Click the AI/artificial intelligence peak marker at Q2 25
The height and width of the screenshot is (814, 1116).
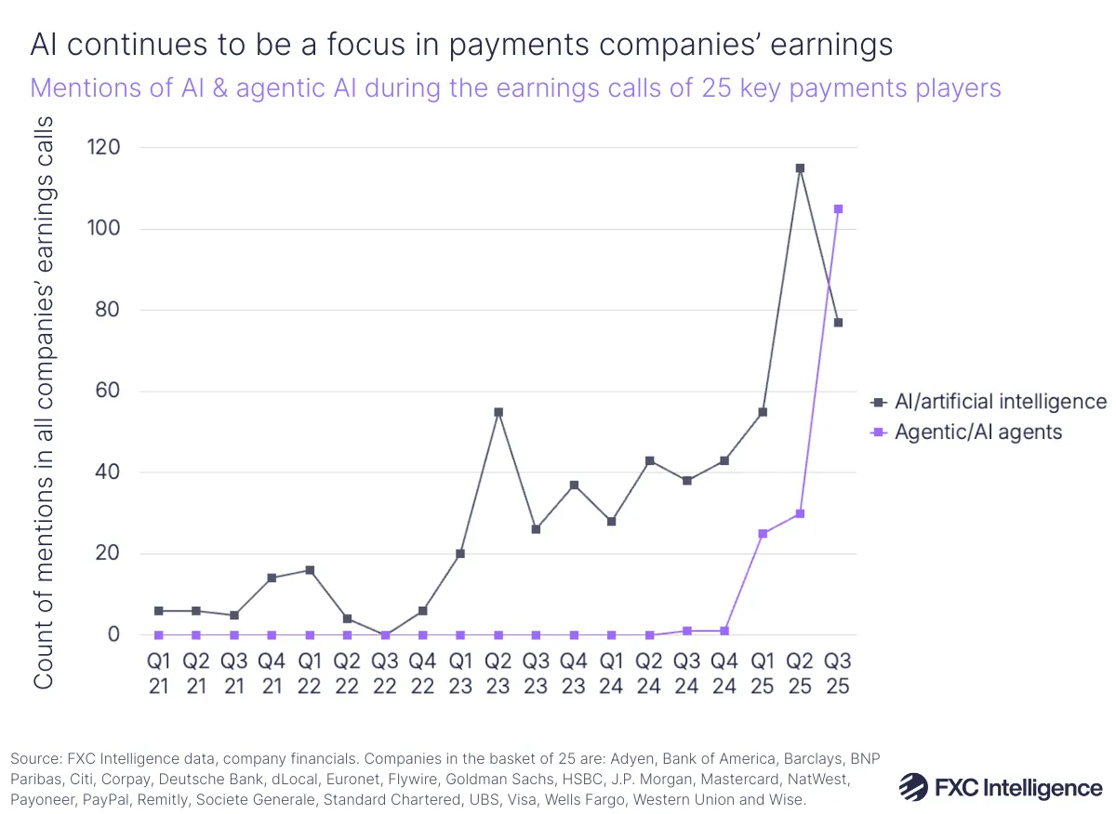point(800,168)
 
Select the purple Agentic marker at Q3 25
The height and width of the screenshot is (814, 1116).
point(838,209)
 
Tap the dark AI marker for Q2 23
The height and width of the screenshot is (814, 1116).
point(498,412)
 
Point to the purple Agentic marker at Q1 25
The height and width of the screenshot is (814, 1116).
point(763,534)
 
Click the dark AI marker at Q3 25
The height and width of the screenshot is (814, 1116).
point(838,323)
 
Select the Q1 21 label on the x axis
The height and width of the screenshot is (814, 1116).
point(159,672)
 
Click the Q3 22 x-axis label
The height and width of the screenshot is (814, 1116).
point(385,672)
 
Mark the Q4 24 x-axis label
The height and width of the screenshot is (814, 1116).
point(724,672)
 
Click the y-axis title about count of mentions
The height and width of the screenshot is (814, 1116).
point(44,402)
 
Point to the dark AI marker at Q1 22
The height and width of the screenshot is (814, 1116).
point(310,570)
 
